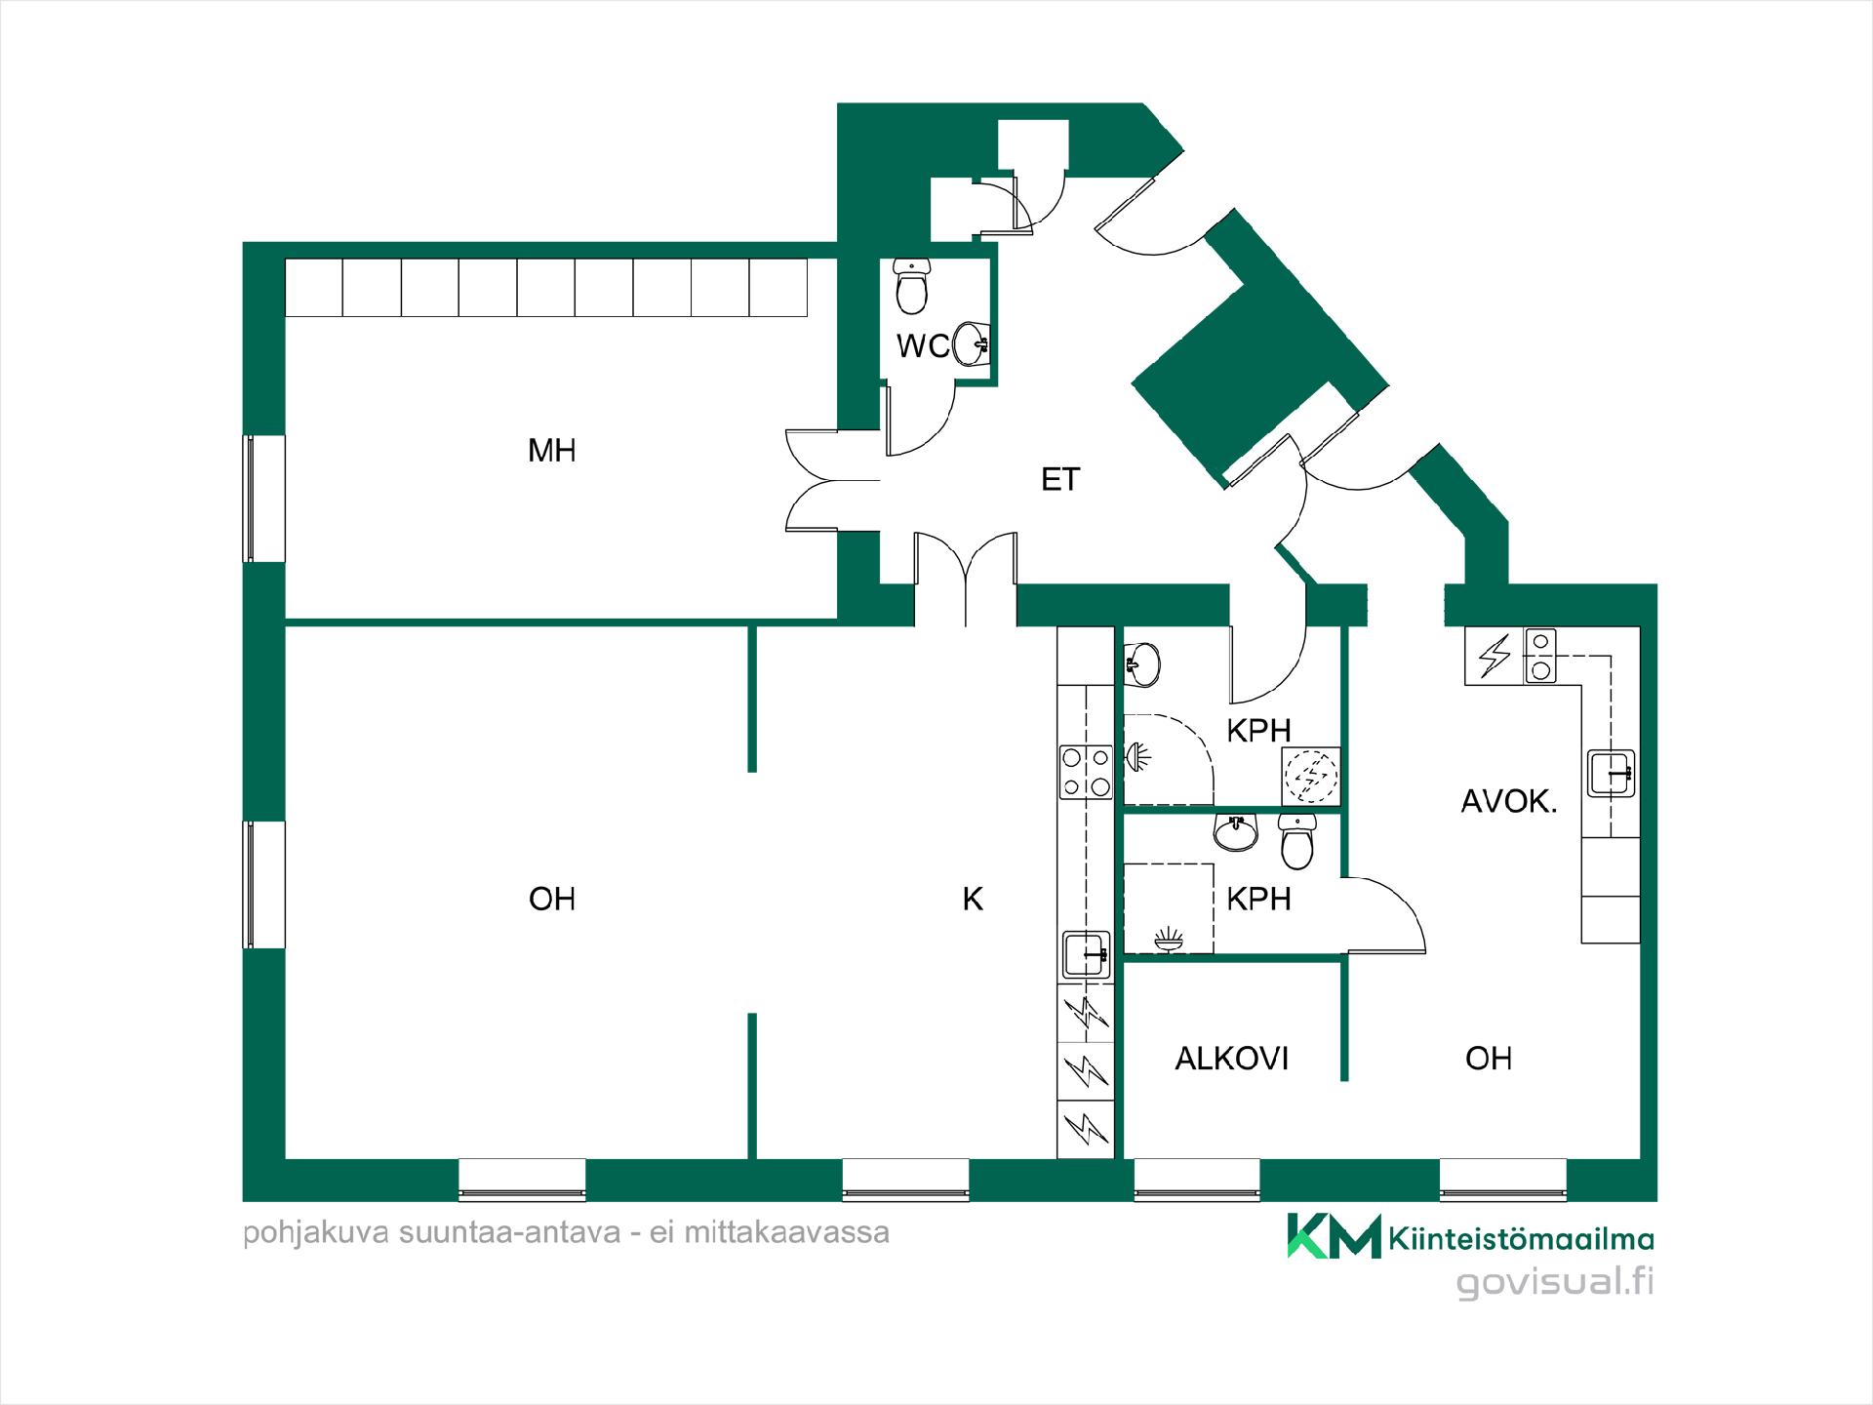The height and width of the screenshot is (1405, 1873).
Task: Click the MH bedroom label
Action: click(551, 451)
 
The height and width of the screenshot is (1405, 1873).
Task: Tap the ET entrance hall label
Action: click(1060, 480)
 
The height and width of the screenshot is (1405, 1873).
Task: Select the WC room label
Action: click(922, 346)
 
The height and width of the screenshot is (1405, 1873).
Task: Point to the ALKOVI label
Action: click(1232, 1059)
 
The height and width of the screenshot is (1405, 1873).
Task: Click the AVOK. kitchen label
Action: click(1508, 802)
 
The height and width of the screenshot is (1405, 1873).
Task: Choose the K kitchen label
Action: click(973, 900)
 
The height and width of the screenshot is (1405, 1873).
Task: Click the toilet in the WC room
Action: click(911, 286)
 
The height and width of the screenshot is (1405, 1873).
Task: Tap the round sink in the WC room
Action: click(972, 342)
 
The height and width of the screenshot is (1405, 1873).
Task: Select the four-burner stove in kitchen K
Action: click(1086, 772)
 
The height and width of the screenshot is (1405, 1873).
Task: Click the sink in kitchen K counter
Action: click(1086, 954)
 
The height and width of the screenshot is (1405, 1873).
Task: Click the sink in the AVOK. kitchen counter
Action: click(1612, 773)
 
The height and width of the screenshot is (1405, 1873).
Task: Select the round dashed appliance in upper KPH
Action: click(1311, 777)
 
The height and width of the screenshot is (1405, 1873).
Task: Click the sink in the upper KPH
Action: click(1142, 664)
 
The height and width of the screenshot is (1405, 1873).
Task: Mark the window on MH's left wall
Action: click(264, 499)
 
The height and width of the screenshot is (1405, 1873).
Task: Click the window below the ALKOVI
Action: click(1196, 1180)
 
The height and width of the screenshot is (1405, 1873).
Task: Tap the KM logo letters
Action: click(1334, 1236)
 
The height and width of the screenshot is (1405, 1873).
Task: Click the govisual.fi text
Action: click(1555, 1282)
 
